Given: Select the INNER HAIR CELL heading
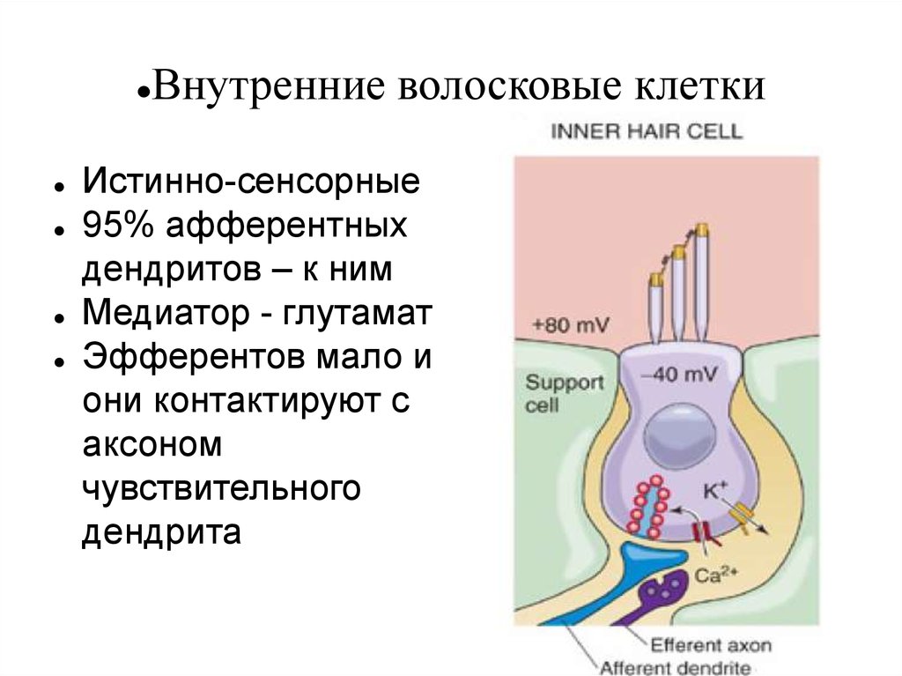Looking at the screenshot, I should (647, 132).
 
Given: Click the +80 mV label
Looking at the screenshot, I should (565, 325).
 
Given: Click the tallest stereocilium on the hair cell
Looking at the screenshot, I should (701, 282).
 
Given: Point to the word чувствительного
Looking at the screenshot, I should (221, 488).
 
